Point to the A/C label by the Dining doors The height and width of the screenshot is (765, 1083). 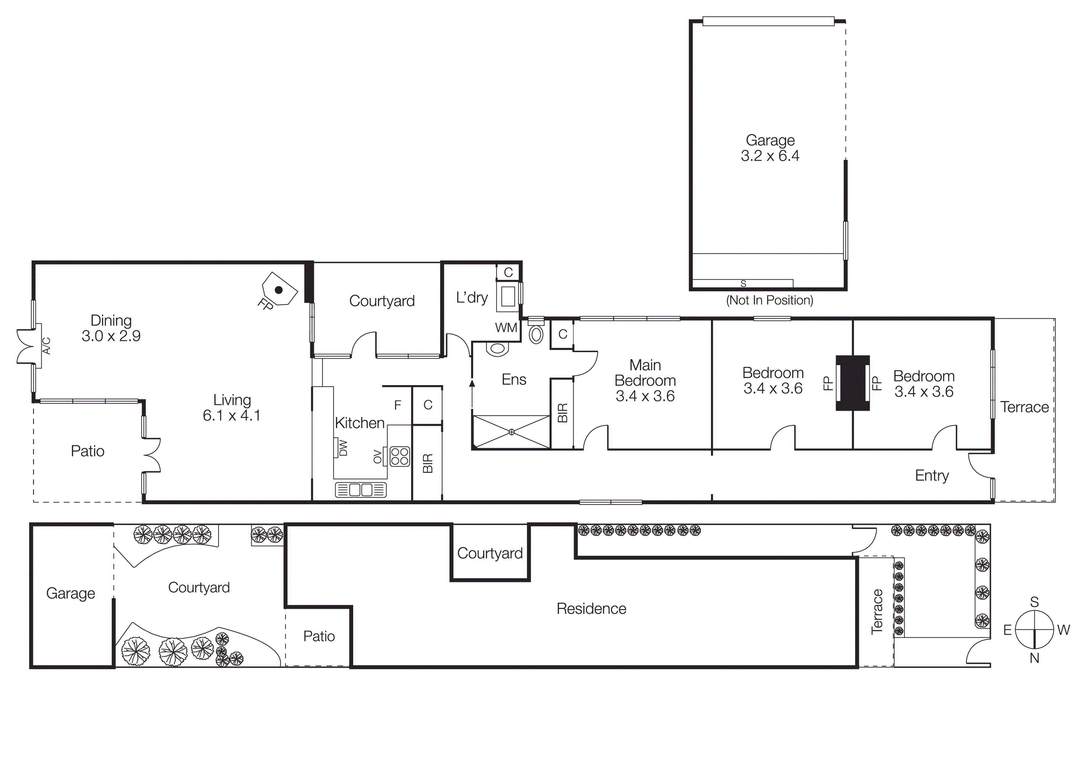point(46,346)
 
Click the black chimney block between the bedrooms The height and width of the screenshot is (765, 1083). point(852,383)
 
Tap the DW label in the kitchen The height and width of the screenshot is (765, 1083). point(343,448)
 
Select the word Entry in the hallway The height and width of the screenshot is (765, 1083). point(932,475)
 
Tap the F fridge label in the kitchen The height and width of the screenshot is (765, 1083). point(398,405)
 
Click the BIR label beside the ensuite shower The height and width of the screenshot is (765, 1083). point(562,413)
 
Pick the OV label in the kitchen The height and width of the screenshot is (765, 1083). point(377,456)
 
